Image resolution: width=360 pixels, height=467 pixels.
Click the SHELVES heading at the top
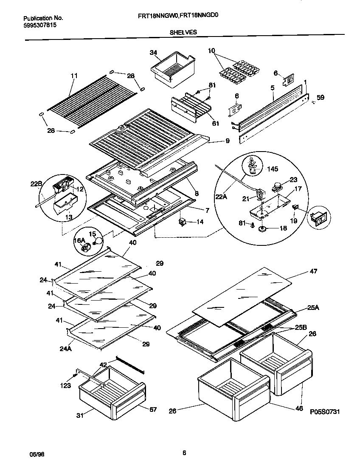tap(183, 32)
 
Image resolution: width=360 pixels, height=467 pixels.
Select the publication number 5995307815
tap(39, 25)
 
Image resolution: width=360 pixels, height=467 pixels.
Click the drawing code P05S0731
tap(325, 411)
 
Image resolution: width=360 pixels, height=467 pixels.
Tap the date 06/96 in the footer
tap(37, 454)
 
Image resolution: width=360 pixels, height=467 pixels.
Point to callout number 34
tap(153, 53)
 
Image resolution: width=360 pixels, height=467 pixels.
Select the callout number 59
tap(320, 97)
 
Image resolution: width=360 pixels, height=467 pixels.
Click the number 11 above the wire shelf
tap(74, 76)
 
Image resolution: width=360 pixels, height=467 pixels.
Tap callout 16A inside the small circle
tap(80, 241)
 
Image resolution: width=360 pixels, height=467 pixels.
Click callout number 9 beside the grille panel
tap(227, 141)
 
